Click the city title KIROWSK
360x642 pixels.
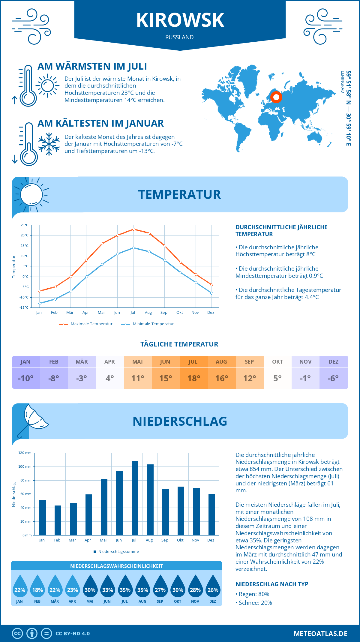180,20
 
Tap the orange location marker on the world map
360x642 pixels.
276,97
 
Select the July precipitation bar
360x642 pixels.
135,498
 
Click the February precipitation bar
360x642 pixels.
58,520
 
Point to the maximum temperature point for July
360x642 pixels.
133,229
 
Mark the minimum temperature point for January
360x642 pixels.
40,303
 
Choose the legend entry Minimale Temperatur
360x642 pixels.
147,324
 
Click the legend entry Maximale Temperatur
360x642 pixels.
86,324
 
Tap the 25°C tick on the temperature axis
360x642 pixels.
25,225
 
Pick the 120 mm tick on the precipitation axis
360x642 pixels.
25,453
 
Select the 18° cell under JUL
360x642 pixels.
194,378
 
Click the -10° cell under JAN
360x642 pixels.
26,378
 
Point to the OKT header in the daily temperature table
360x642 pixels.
277,362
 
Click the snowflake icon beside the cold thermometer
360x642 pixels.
49,144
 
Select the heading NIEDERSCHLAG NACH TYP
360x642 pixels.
272,584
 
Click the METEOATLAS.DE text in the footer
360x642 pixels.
320,634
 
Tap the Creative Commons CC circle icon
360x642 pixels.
17,634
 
